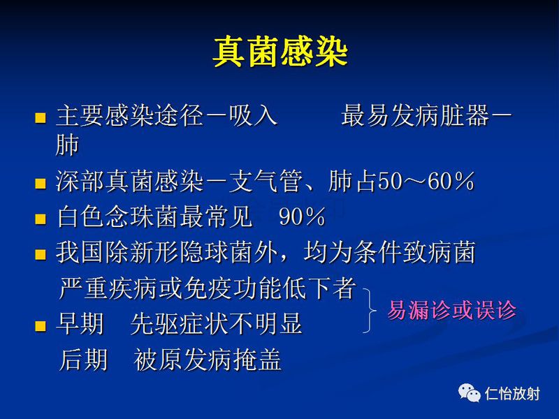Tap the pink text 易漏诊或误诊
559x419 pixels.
(x=451, y=310)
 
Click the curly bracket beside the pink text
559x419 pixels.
(x=368, y=310)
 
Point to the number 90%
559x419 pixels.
(x=302, y=218)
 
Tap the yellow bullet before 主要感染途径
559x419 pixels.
(x=40, y=117)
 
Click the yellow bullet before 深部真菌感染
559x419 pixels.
(x=40, y=184)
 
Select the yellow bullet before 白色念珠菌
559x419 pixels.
(x=40, y=219)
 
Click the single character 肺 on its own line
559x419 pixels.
(x=67, y=145)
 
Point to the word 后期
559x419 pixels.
(x=83, y=360)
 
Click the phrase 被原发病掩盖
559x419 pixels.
(x=208, y=360)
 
